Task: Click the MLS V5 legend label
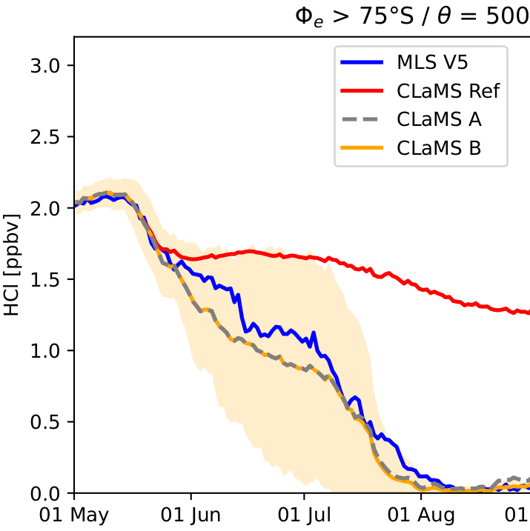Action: (432, 62)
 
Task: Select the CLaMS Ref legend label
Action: (448, 91)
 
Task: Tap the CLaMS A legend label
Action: (439, 119)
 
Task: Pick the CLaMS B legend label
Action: (439, 148)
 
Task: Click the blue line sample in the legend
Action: (362, 62)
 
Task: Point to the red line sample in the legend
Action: (362, 91)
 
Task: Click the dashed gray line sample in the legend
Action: (362, 119)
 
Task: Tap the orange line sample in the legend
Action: (362, 148)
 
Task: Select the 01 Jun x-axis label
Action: (191, 515)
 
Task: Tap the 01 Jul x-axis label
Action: (304, 515)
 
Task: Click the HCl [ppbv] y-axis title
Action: (12, 265)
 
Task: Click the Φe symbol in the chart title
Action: (309, 17)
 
